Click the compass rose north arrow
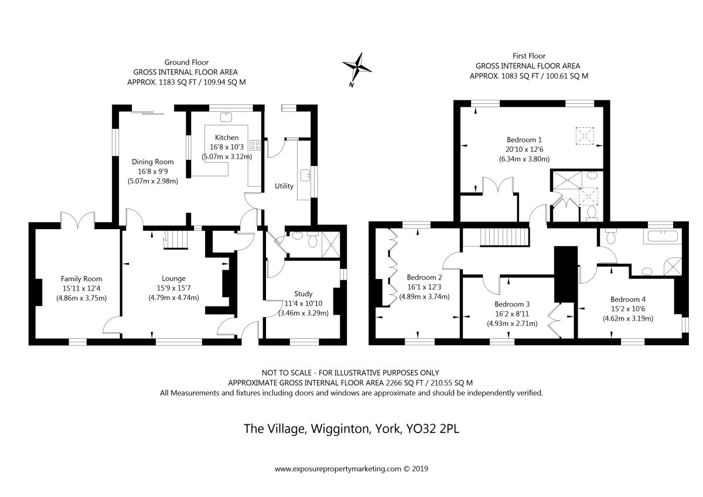point(357,69)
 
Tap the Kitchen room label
point(227,138)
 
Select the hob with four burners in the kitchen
point(255,145)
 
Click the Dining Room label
point(152,162)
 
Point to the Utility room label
point(284,186)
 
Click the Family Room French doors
point(78,220)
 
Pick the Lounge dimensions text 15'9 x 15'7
point(173,288)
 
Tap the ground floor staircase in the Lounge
point(175,240)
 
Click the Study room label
point(303,294)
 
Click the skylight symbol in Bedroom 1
point(585,136)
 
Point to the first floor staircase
point(504,237)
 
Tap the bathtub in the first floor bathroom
point(663,236)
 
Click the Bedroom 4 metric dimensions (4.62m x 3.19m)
point(628,318)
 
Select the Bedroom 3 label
point(512,304)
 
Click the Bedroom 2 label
point(424,278)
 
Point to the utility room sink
point(305,175)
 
